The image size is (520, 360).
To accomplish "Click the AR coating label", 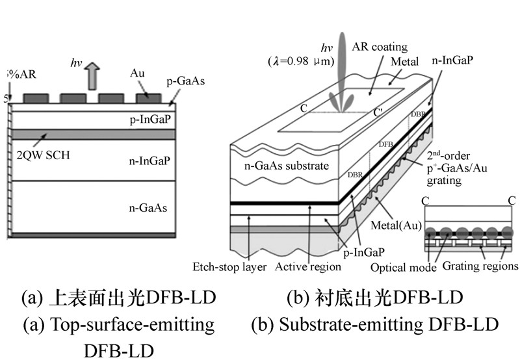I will (380, 47).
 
